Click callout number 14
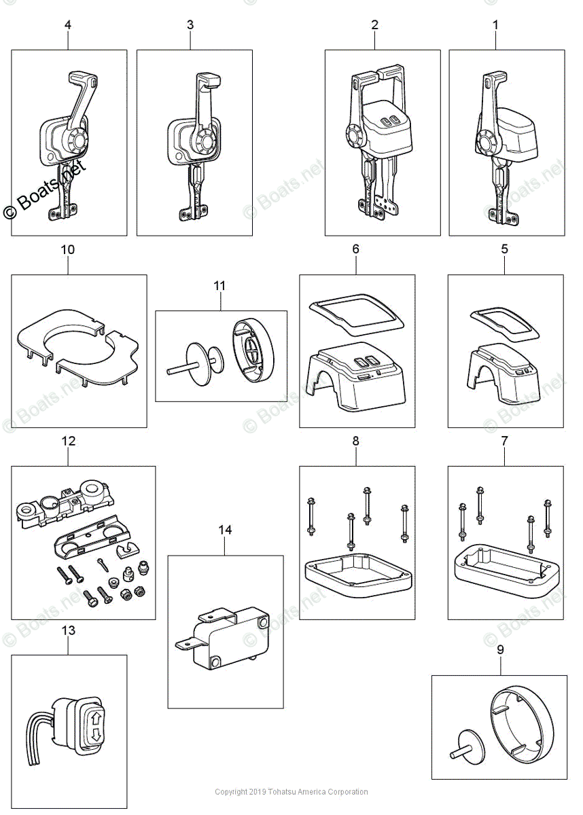point(225,530)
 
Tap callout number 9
point(500,650)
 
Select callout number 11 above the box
point(219,286)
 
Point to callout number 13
point(68,630)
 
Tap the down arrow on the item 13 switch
point(95,734)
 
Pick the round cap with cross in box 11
point(251,348)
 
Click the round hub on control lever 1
point(488,143)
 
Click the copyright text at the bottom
point(291,792)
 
